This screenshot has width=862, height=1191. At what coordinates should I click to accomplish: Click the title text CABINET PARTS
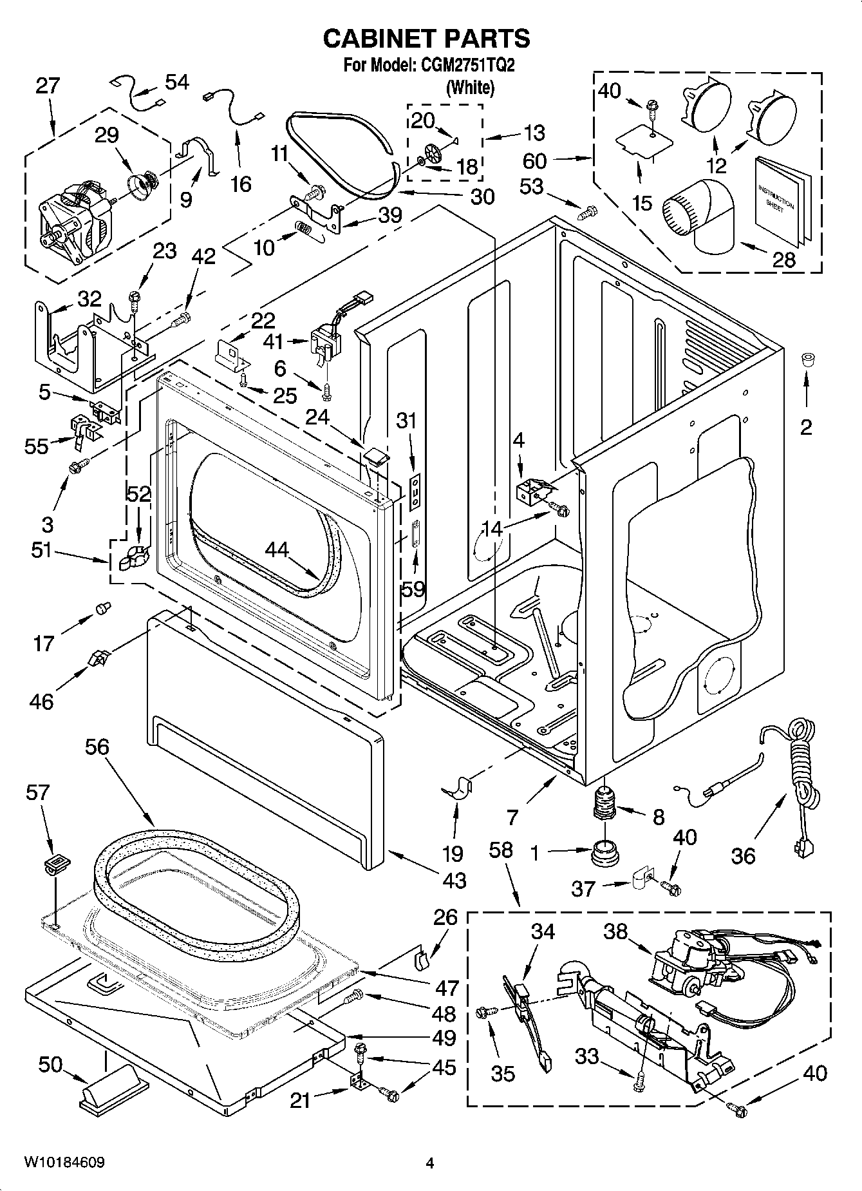(426, 39)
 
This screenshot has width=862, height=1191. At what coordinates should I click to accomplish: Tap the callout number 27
(46, 86)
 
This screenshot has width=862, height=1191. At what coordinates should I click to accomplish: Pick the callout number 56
(97, 747)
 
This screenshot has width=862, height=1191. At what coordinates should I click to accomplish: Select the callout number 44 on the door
(277, 549)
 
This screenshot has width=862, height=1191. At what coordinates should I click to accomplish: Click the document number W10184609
(64, 1163)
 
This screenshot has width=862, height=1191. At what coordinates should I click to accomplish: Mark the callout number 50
(50, 1065)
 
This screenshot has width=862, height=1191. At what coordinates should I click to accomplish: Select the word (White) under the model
(470, 88)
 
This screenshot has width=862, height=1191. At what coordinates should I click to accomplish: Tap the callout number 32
(89, 299)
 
